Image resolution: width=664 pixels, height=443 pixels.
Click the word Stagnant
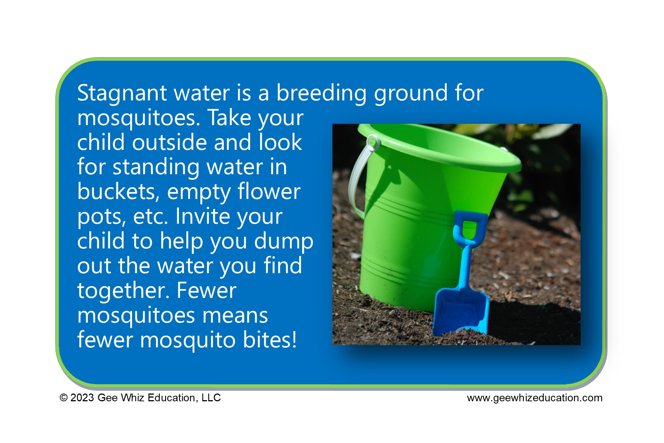[122, 93]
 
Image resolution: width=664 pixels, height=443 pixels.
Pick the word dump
[284, 241]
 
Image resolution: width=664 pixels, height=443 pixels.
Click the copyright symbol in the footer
[64, 398]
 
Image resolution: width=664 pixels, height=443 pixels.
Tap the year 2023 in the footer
[82, 398]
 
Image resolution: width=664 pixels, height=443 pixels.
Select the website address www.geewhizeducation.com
[535, 398]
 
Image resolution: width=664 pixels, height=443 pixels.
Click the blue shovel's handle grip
[468, 227]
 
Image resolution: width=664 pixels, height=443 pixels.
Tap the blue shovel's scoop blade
[461, 310]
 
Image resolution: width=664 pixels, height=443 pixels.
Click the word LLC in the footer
[211, 398]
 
